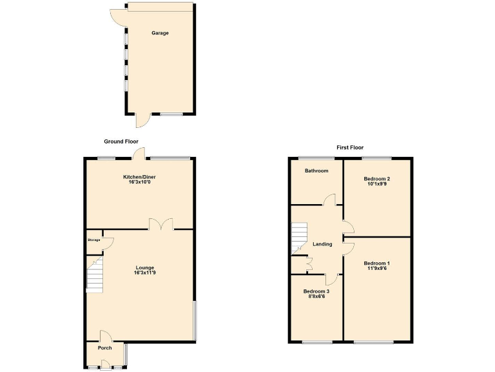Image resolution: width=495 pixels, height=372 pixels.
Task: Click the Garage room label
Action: point(160,33)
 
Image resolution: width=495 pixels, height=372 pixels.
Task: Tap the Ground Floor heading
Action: point(121,141)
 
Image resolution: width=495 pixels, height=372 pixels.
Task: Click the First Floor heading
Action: point(350,147)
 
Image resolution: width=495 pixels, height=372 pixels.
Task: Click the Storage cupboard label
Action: point(94,240)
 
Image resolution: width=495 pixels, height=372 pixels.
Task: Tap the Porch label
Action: point(104,348)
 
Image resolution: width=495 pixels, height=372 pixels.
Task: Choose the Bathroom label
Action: point(316,171)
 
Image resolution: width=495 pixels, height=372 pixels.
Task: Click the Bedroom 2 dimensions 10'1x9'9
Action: point(377,184)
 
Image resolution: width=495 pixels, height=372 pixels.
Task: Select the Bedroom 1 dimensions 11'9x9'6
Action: point(376,269)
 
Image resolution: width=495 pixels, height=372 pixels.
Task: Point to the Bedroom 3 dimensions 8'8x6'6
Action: point(316,296)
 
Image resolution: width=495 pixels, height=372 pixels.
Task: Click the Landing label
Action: point(322,244)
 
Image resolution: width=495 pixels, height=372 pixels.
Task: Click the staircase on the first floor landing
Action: point(298,238)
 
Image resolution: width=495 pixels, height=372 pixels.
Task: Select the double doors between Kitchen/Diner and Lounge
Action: point(160,224)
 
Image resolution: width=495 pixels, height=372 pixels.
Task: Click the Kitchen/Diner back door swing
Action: point(138,154)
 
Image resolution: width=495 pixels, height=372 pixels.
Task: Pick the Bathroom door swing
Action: point(330,200)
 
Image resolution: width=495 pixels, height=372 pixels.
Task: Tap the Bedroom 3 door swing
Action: point(331,279)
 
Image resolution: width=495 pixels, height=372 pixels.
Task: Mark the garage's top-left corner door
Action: point(118,16)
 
